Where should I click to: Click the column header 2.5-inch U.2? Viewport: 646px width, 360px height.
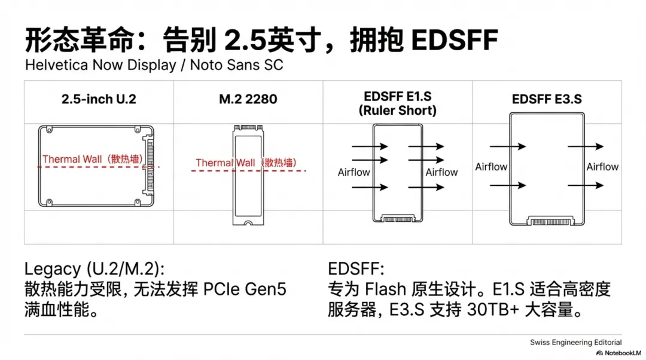(x=99, y=99)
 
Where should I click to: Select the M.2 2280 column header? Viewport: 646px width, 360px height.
(x=248, y=99)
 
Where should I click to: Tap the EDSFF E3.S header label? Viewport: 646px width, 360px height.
(x=547, y=99)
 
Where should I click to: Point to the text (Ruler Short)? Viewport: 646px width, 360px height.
(x=398, y=111)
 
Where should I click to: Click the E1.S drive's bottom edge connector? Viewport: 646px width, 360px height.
(x=398, y=219)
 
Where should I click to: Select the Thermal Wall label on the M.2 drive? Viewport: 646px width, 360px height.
(x=246, y=163)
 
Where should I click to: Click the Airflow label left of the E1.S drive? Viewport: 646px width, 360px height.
(x=354, y=172)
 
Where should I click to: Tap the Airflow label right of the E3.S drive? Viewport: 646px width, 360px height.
(x=602, y=167)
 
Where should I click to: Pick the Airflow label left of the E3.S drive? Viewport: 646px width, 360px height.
(x=491, y=167)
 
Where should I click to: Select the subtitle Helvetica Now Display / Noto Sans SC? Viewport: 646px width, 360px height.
(x=154, y=65)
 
